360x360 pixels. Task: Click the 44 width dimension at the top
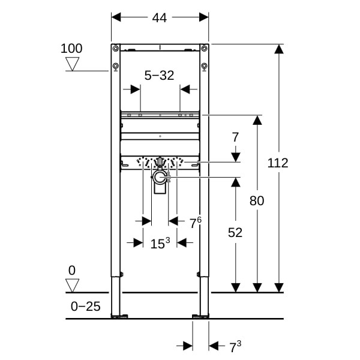coord(160,17)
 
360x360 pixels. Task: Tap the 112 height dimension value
coord(278,163)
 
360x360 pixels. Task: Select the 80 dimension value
coord(257,200)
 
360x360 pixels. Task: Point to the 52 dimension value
coord(235,232)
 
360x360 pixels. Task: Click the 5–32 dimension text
coord(160,76)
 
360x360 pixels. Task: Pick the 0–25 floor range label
coord(85,306)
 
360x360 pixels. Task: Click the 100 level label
coord(71,49)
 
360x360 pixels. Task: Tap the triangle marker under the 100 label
coord(73,64)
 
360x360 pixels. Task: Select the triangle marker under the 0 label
coord(73,286)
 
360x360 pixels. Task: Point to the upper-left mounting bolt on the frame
coord(116,49)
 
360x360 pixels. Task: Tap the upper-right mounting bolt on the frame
coord(204,49)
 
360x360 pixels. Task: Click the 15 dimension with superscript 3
coord(160,244)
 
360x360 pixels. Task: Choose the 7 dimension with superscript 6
coord(196,223)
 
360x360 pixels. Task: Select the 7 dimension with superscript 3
coord(236,346)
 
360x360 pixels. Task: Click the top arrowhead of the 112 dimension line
coord(279,49)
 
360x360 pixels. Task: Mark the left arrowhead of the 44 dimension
coord(116,17)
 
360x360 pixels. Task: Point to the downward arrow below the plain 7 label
coord(236,157)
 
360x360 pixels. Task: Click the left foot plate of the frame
coord(119,316)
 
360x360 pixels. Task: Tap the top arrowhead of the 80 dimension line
coord(257,120)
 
